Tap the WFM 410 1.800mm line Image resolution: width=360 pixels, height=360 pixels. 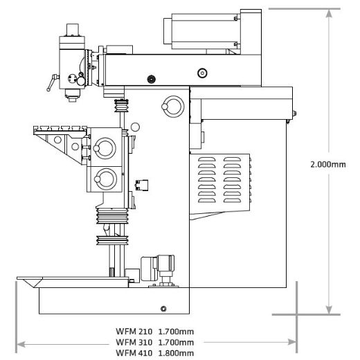click(154, 352)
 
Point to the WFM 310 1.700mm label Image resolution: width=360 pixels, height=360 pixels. click(154, 342)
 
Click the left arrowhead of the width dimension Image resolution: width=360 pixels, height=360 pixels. click(21, 342)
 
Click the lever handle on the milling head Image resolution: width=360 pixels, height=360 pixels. click(50, 87)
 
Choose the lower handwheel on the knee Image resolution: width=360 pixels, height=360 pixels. click(106, 179)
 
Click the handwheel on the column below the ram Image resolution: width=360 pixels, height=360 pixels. click(169, 105)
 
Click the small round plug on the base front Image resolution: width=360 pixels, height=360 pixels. click(163, 308)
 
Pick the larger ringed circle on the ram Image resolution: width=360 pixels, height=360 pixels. click(201, 72)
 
